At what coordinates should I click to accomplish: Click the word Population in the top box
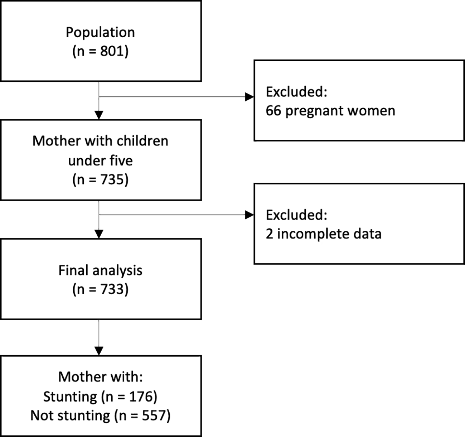coord(100,32)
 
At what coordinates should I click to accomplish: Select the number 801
coord(112,51)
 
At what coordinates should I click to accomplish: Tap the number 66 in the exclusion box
coord(273,110)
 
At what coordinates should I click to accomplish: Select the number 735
coord(112,179)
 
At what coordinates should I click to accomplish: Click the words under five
coord(101,160)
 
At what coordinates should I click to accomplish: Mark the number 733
coord(112,289)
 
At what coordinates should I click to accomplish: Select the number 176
coord(140,397)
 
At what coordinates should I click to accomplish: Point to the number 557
coord(154,416)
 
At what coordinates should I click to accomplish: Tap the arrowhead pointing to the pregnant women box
coord(250,97)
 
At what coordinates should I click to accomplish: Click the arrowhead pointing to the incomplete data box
coord(250,215)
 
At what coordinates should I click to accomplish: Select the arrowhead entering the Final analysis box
coord(99,234)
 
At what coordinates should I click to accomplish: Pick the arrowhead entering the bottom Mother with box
coord(99,351)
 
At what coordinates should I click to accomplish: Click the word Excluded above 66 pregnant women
coord(296,92)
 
